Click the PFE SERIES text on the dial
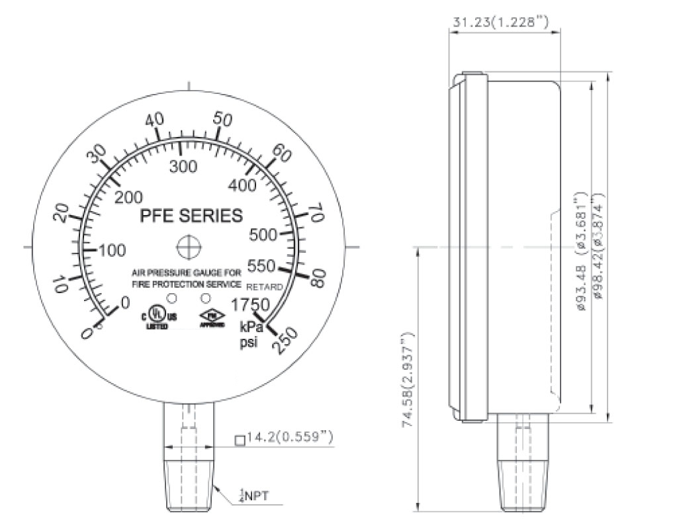point(191,216)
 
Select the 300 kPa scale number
point(183,166)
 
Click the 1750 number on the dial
point(249,306)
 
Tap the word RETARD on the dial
point(265,287)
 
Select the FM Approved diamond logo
point(212,320)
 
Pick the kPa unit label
point(251,327)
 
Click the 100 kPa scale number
point(113,251)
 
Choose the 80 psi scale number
point(316,278)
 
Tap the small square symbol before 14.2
point(240,439)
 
